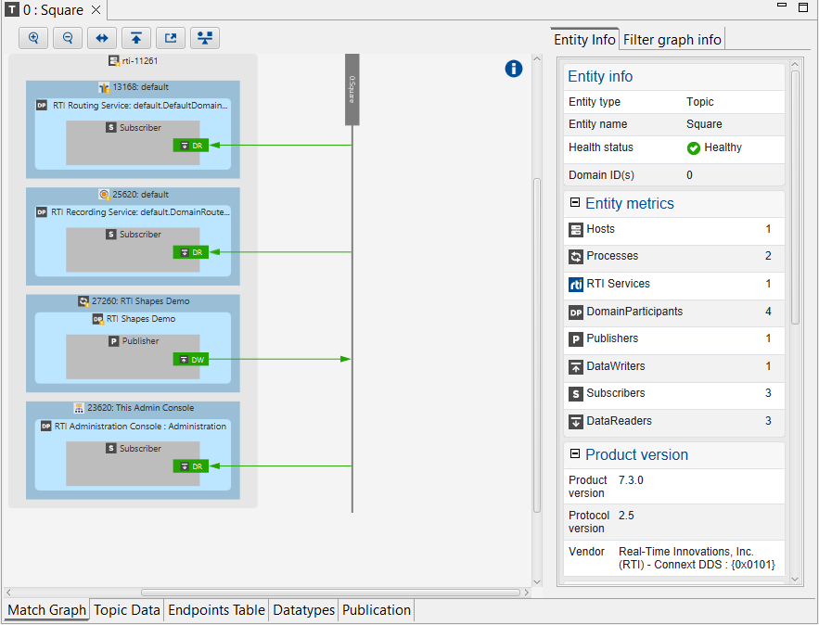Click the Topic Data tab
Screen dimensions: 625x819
pos(126,610)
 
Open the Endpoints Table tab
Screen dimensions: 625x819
pos(216,610)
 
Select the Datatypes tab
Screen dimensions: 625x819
pos(303,610)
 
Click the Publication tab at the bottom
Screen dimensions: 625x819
pos(376,610)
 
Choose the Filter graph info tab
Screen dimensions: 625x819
pos(672,40)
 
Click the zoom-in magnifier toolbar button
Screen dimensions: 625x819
pos(33,38)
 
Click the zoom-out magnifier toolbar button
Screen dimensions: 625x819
pos(68,38)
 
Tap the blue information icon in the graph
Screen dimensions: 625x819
pos(514,69)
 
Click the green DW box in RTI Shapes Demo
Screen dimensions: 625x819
pos(190,359)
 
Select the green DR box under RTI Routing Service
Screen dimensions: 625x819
pos(190,146)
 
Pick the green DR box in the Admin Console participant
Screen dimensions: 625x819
pos(190,466)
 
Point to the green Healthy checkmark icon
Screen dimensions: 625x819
pos(694,148)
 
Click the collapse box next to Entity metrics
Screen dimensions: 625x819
pos(575,202)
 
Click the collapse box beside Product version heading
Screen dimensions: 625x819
pos(575,453)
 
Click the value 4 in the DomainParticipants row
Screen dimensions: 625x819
pos(768,312)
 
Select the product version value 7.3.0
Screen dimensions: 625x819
pos(631,480)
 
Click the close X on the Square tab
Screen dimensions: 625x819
pos(96,11)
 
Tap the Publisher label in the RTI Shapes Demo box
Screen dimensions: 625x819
pos(140,341)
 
